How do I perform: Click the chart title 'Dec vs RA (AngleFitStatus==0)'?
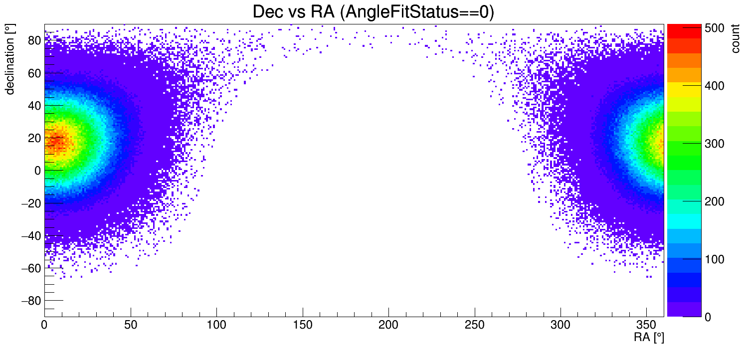coord(373,12)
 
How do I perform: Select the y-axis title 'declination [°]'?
coord(10,59)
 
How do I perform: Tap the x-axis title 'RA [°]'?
coord(648,338)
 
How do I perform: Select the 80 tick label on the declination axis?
coord(34,40)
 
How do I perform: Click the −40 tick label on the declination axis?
coord(31,235)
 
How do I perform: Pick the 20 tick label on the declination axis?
coord(34,138)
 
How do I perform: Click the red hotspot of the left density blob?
coord(55,142)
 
